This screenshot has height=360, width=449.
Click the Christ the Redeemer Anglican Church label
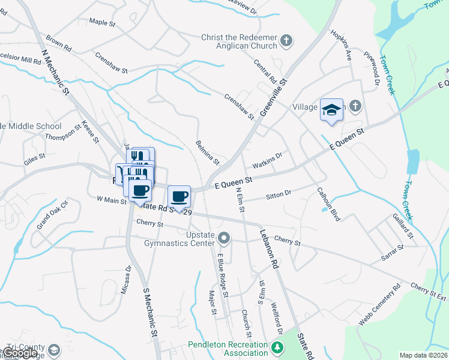click(x=239, y=41)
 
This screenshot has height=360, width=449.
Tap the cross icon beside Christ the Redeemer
click(x=287, y=41)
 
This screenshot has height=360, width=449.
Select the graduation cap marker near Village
click(x=331, y=110)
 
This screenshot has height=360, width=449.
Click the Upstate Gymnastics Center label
click(x=179, y=238)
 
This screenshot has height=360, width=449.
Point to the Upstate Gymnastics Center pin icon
click(x=224, y=239)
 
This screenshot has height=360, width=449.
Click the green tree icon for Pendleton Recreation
click(x=277, y=347)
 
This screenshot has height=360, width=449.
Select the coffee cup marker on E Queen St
click(x=179, y=197)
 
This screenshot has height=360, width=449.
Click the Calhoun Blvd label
click(x=329, y=204)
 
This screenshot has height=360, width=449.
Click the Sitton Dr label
click(x=278, y=194)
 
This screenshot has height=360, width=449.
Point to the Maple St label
click(x=101, y=22)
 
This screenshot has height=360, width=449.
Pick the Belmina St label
click(x=208, y=153)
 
